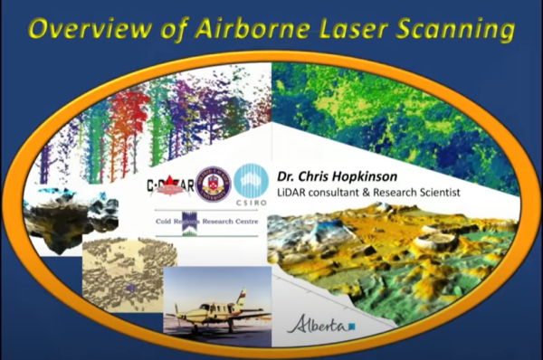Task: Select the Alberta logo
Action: point(317,324)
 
